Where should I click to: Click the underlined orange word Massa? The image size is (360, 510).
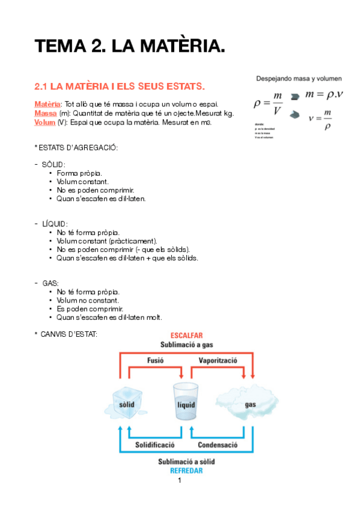[x=46, y=113]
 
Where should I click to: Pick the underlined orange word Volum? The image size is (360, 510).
[x=45, y=122]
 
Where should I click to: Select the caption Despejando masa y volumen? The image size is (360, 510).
[x=299, y=78]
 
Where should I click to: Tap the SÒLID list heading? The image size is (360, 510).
[x=53, y=164]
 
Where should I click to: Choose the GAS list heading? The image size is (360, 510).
[x=50, y=282]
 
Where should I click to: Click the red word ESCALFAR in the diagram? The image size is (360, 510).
[x=186, y=336]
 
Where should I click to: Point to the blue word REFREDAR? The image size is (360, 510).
[x=186, y=471]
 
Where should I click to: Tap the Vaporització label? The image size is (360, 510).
[x=219, y=360]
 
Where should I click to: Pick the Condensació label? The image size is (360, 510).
[x=218, y=445]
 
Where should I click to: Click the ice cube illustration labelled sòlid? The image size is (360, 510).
[x=128, y=398]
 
